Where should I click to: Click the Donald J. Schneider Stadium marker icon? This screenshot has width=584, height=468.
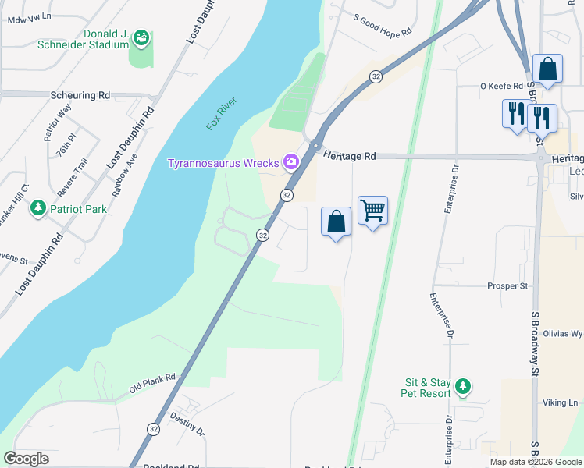click(141, 37)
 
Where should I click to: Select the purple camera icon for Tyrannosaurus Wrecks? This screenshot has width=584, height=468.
click(291, 162)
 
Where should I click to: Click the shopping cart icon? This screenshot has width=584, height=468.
click(373, 210)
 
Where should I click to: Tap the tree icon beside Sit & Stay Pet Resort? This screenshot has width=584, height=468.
click(463, 386)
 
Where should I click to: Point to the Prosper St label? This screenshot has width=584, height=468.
click(507, 286)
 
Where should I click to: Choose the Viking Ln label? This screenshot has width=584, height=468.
click(560, 402)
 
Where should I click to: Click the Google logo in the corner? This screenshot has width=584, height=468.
click(26, 459)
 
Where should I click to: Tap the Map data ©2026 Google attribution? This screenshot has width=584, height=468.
click(536, 462)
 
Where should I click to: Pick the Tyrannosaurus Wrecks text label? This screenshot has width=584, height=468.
click(225, 163)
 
